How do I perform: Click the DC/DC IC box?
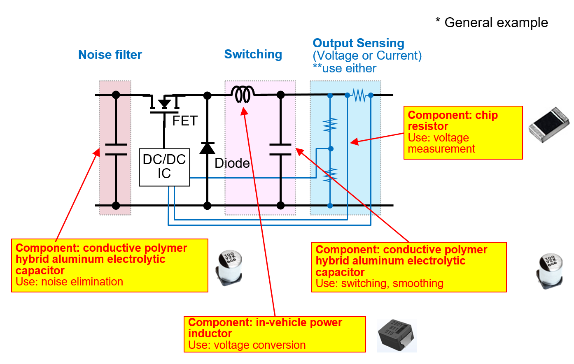click(164, 167)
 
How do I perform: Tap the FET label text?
click(185, 121)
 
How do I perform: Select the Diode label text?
click(232, 163)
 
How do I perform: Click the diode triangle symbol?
click(207, 148)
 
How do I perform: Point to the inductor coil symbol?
click(243, 95)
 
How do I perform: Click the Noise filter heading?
click(110, 55)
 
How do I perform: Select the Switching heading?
click(253, 54)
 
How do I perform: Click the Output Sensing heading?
click(358, 43)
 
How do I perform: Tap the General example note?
click(492, 23)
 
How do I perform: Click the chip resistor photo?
click(549, 124)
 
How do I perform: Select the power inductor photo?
click(396, 335)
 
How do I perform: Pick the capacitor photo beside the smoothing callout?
click(550, 270)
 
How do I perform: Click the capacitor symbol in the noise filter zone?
click(116, 150)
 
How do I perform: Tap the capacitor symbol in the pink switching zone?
click(280, 150)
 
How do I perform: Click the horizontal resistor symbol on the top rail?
click(359, 95)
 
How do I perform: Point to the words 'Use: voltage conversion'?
click(247, 345)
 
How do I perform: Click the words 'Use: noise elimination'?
click(69, 282)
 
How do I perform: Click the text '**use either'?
click(344, 68)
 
